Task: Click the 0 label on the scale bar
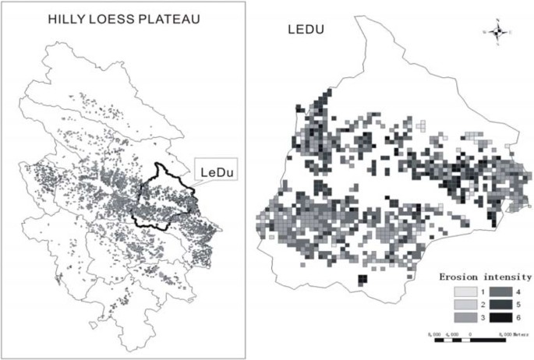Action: [471, 334]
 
